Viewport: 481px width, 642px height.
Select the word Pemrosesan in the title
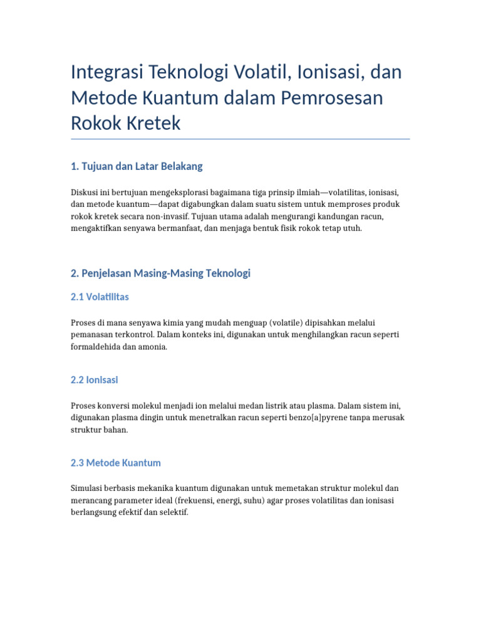(334, 98)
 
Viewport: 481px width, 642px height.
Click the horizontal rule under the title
(240, 139)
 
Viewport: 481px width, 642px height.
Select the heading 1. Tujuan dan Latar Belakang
(137, 166)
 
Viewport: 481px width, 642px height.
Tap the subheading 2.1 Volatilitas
(100, 297)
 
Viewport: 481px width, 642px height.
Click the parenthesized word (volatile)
(291, 322)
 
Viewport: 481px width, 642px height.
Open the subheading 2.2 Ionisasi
(95, 380)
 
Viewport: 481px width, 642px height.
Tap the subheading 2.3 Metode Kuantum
(116, 463)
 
